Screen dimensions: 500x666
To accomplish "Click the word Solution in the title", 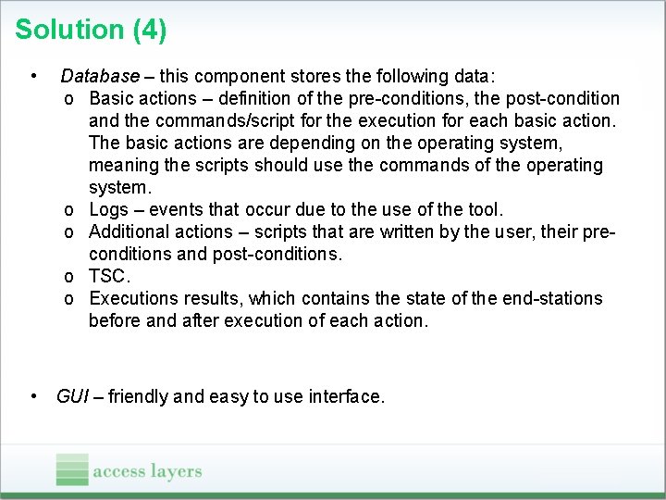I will tap(69, 31).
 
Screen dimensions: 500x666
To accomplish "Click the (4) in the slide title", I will tap(150, 31).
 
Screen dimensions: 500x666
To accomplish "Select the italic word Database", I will tap(100, 76).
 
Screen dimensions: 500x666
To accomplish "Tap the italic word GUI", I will tap(72, 396).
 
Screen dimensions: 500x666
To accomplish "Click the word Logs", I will tap(109, 209).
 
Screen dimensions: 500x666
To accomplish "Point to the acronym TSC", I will tap(109, 276).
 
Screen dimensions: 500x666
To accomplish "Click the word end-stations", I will tap(552, 298).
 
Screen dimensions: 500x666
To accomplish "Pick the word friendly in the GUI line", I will tap(138, 396).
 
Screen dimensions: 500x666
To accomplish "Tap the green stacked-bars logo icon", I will tap(71, 469).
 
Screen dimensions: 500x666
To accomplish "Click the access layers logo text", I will tap(147, 471).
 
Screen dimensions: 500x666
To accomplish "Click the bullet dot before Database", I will tap(32, 76).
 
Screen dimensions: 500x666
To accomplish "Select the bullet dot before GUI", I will tap(33, 396).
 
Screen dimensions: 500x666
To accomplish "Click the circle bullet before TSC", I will tap(70, 277).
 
